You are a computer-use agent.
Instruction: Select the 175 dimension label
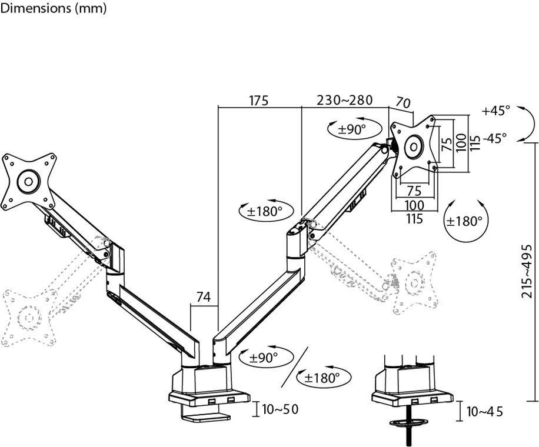click(258, 101)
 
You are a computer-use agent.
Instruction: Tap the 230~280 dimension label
click(345, 100)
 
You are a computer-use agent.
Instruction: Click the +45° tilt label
click(495, 111)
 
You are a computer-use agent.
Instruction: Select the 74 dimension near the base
click(204, 298)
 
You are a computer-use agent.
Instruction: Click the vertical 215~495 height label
click(528, 272)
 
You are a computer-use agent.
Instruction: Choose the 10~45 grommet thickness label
click(485, 412)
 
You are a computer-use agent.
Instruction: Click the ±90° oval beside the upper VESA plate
click(348, 129)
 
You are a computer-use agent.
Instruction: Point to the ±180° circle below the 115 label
click(464, 221)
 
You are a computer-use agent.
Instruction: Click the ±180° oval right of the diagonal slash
click(323, 378)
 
